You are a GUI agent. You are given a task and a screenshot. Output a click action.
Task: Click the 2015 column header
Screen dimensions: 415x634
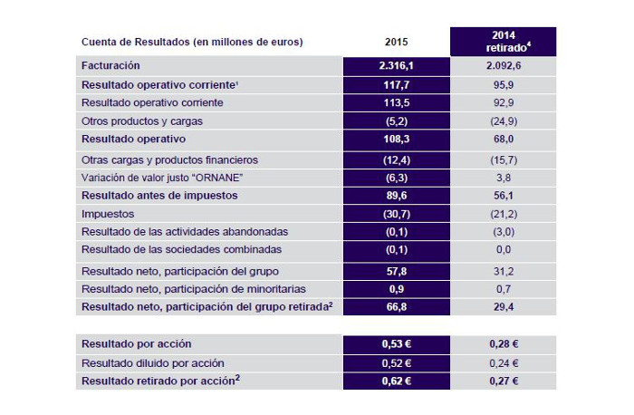[395, 42]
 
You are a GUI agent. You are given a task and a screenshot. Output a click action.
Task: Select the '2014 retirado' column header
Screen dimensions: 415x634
[503, 42]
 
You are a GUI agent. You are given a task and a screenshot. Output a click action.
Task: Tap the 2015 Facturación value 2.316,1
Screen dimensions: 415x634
[395, 66]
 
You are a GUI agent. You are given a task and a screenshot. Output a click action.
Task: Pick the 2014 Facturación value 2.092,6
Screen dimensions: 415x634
[503, 66]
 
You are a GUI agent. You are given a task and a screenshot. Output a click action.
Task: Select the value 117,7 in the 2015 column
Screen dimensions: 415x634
[395, 84]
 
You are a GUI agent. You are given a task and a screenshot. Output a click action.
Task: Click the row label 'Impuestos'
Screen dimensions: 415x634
[110, 213]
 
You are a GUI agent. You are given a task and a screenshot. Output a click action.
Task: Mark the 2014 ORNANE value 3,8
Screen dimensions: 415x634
[503, 177]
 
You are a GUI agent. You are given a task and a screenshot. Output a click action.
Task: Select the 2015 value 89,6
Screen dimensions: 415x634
[395, 195]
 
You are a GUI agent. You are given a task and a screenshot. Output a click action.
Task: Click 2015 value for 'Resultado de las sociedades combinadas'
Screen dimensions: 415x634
[395, 249]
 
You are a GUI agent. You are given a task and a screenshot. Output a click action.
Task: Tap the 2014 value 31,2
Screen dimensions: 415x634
[503, 269]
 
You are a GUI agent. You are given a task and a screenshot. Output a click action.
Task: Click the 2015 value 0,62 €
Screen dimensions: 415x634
[395, 381]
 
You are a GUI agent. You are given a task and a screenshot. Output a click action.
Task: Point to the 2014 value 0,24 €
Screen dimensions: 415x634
[503, 362]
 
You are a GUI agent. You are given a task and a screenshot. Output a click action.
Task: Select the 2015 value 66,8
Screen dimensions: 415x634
[395, 306]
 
